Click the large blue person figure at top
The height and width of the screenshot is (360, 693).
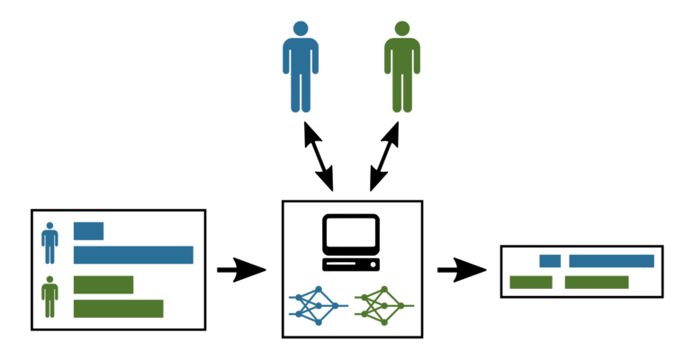click(300, 72)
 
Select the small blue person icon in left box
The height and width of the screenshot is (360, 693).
click(49, 243)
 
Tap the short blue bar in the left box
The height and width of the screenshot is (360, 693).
click(88, 230)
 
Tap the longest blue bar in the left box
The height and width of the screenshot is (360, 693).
click(133, 255)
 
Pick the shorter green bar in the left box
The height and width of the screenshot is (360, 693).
click(103, 284)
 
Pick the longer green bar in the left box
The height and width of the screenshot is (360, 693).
click(118, 309)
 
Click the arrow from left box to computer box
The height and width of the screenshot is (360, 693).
click(241, 269)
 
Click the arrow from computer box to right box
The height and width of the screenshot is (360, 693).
click(461, 269)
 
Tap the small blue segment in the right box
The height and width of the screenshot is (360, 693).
click(550, 261)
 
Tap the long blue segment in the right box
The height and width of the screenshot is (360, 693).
click(611, 261)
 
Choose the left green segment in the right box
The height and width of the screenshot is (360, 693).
click(530, 283)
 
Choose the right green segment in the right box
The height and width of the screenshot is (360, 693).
click(596, 283)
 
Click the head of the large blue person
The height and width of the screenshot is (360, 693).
click(300, 29)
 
